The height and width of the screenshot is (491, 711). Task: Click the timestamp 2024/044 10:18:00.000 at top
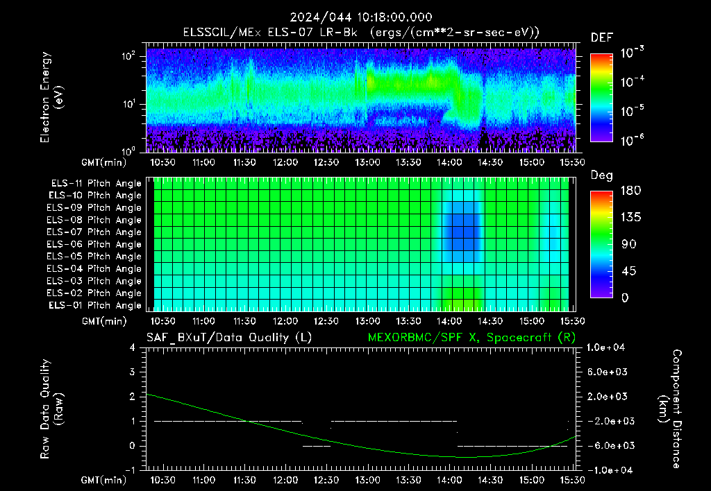361,17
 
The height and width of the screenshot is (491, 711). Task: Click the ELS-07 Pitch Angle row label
94,232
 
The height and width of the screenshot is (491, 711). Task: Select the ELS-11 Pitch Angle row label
96,184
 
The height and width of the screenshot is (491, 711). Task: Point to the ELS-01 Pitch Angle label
94,305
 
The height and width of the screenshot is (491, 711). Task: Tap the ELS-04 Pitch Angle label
94,268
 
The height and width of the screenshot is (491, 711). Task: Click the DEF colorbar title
602,37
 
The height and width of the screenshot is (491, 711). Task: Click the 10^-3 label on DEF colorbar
632,53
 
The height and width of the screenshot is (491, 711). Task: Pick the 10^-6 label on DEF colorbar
632,140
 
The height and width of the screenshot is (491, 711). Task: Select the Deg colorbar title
602,175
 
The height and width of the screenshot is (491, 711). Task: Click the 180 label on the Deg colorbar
630,190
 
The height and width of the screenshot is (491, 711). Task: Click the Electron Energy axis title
51,97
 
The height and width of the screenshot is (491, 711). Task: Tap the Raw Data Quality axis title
51,409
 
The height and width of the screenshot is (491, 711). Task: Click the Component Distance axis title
670,409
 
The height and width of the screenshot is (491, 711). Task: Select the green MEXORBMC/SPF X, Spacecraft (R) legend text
471,338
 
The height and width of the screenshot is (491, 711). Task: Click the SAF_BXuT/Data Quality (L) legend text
229,338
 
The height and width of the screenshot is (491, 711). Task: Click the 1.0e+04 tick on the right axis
605,347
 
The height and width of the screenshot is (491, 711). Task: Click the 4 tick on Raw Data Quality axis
133,347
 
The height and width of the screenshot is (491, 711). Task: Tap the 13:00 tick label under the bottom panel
367,480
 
